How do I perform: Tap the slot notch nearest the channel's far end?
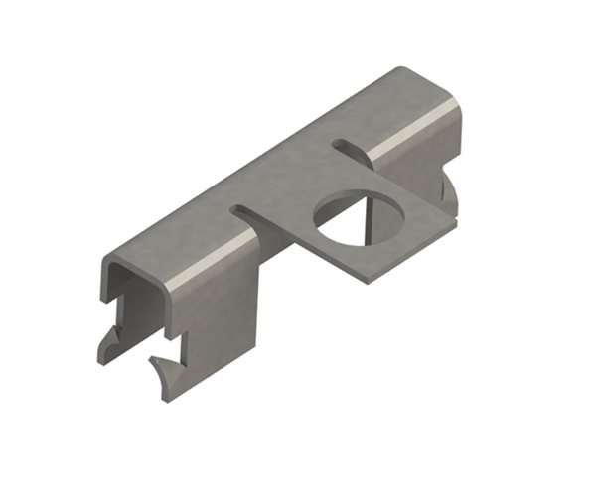click(345, 148)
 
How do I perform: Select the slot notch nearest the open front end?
click(245, 210)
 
